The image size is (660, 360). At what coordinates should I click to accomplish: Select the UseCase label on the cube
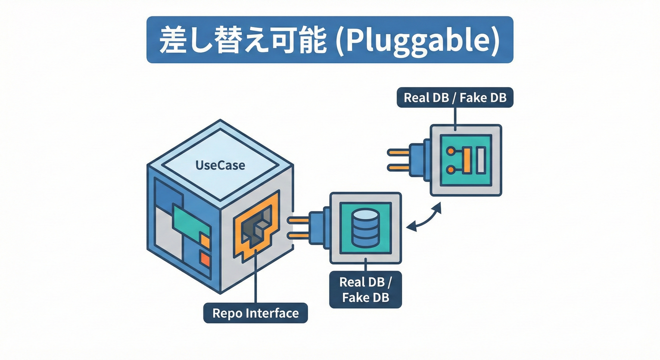point(220,165)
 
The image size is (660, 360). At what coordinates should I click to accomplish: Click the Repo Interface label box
point(255,313)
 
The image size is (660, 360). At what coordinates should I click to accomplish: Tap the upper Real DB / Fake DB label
point(455,97)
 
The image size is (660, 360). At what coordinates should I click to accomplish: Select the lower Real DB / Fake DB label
point(366,289)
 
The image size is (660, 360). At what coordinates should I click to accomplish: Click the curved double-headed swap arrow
point(424,218)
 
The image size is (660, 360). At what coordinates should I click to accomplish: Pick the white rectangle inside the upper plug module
point(481,160)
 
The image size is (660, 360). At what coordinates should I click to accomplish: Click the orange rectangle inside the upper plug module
point(467,160)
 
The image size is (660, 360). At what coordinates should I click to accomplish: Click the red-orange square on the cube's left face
point(205,257)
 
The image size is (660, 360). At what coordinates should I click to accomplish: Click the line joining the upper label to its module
point(455,117)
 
